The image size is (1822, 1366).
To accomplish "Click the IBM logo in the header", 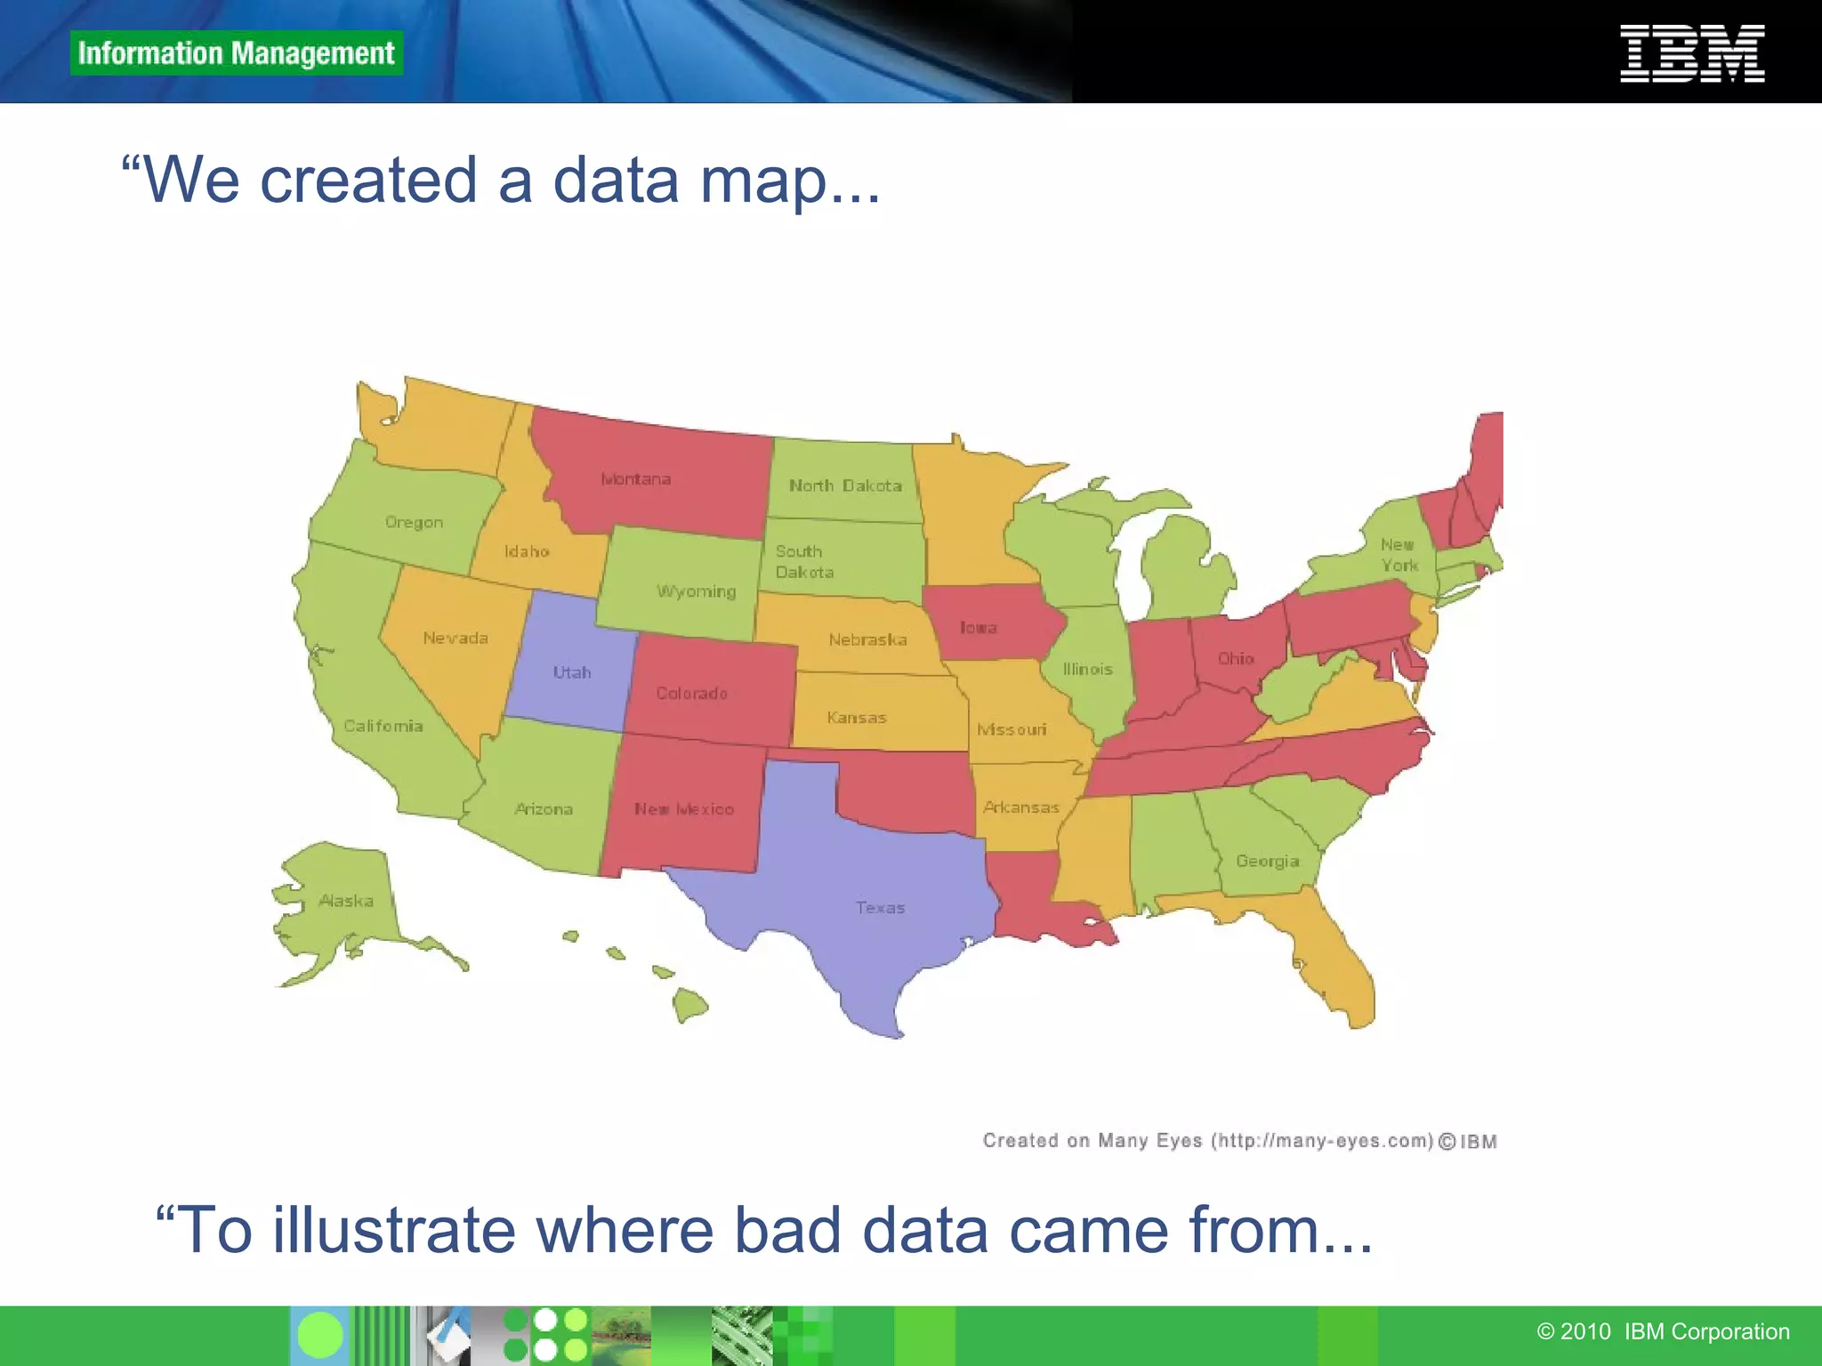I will point(1691,53).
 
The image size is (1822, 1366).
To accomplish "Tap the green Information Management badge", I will point(236,53).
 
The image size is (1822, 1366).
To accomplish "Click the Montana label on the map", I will point(635,479).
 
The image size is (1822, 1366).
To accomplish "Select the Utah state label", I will point(571,672).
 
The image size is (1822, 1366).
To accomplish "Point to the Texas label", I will point(880,908).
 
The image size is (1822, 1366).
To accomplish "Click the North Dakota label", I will point(845,486).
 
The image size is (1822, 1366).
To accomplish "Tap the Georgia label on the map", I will point(1267,861).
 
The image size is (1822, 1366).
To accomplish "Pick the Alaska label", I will point(346,901).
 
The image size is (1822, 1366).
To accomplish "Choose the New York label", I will point(1399,555).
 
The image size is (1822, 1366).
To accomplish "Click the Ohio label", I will point(1236,659).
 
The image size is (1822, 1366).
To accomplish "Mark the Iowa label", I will point(978,628).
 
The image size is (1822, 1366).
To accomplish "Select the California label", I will point(383,726).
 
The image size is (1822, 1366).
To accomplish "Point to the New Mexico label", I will point(683,809).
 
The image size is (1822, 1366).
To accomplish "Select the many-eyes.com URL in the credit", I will point(1323,1141).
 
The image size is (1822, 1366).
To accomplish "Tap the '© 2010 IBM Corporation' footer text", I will point(1663,1331).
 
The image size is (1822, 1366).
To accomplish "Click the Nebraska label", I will point(867,640).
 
